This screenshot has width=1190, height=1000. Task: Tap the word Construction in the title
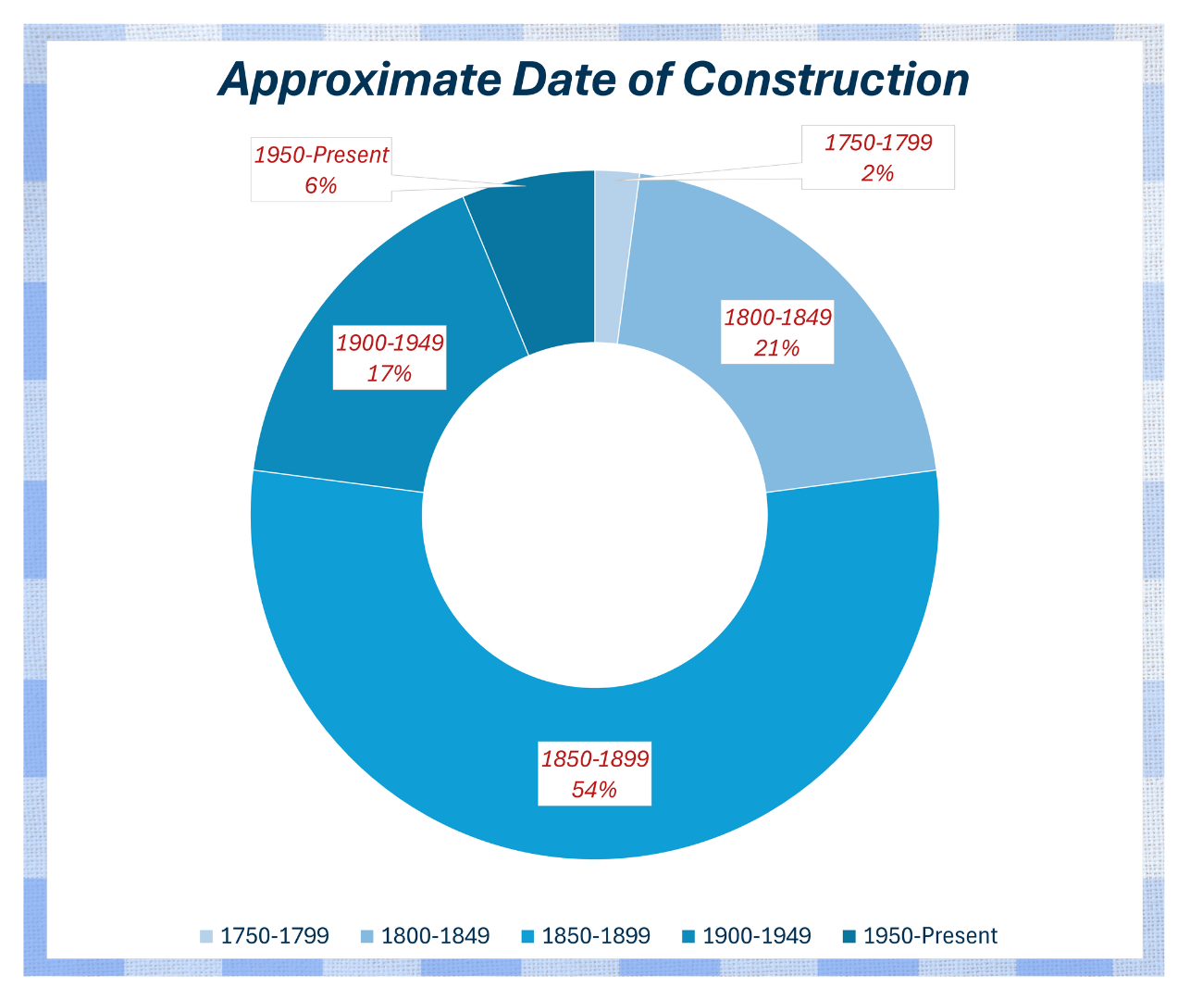point(825,80)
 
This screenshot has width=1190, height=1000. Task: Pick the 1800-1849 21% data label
point(777,332)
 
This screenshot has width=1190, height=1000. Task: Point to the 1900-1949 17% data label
point(390,358)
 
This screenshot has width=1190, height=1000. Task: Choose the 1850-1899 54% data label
point(595,774)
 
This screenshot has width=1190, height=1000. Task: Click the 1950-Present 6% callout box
point(321,169)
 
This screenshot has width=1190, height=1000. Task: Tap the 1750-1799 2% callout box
point(877,157)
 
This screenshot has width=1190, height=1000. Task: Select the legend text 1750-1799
point(275,936)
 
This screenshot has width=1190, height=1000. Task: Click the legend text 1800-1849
point(436,936)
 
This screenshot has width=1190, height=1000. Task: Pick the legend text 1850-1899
point(596,936)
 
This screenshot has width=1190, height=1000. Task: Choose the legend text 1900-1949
point(757,936)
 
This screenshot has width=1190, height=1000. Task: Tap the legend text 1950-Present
point(930,936)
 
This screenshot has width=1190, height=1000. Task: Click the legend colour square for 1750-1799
point(205,936)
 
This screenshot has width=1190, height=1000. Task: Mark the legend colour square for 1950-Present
point(849,936)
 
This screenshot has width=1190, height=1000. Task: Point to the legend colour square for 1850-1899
point(527,936)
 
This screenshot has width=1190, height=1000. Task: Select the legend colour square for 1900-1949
point(688,936)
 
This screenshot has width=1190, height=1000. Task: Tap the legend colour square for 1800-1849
point(366,936)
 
